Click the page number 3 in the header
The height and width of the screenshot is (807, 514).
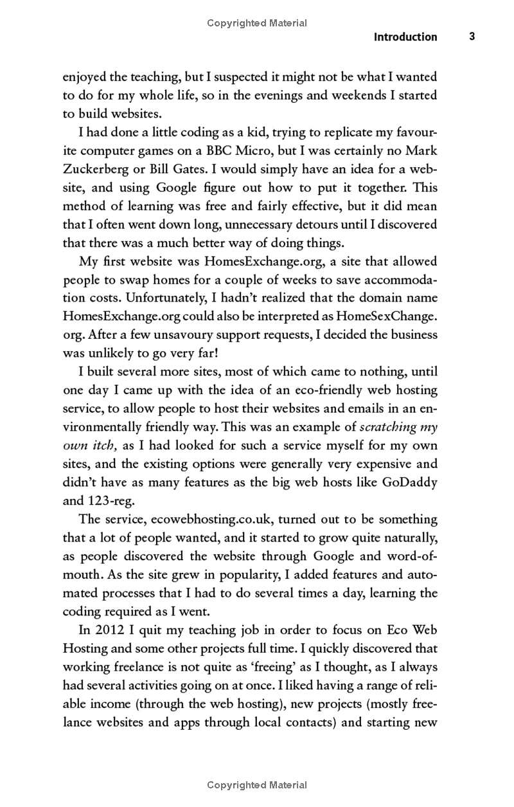click(x=472, y=37)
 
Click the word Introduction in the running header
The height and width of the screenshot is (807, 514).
click(x=405, y=37)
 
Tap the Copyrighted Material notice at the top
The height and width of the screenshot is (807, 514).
click(x=257, y=23)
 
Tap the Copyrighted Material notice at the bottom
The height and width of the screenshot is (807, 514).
click(x=257, y=785)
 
